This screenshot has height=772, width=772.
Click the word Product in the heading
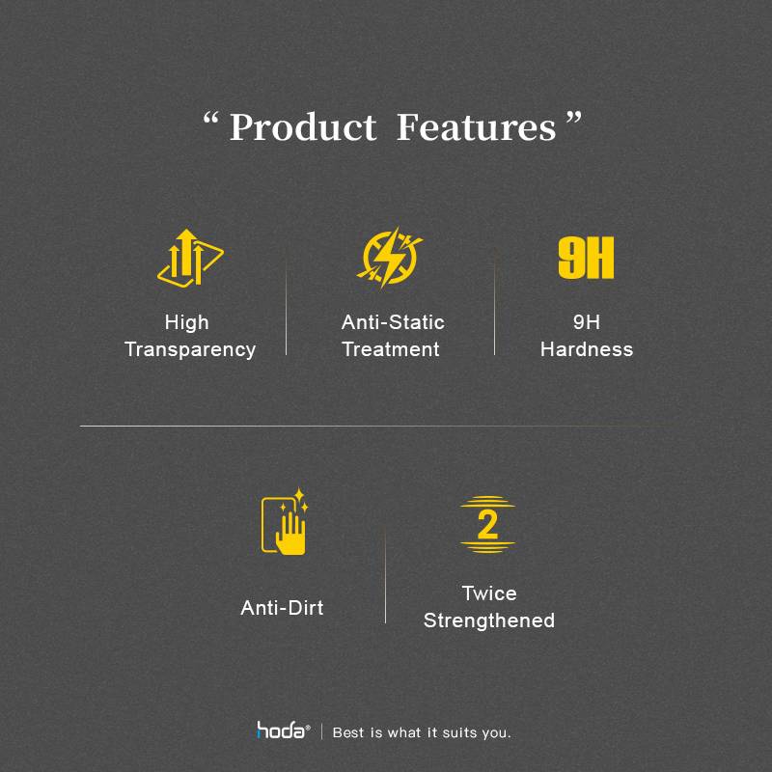click(x=303, y=127)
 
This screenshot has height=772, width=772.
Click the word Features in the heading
click(x=476, y=127)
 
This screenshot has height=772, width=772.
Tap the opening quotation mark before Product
click(x=210, y=120)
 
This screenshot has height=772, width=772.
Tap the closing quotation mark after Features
click(x=573, y=118)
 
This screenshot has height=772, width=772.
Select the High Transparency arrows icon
click(x=190, y=257)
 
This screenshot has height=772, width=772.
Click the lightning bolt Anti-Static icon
click(x=390, y=257)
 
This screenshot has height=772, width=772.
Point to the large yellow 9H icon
click(x=586, y=258)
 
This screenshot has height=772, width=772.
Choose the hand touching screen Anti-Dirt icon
click(x=285, y=521)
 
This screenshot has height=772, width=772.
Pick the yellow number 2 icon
click(x=487, y=524)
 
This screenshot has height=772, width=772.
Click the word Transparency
click(x=190, y=349)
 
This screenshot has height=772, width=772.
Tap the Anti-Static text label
click(x=393, y=322)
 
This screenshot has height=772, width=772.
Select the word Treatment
click(x=391, y=349)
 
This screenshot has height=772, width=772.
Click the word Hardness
click(x=587, y=349)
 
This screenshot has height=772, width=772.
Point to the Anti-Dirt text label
click(x=282, y=608)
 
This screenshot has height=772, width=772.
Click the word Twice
click(x=489, y=593)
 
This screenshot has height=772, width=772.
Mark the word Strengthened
click(x=489, y=620)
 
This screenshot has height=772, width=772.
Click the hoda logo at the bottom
click(x=283, y=731)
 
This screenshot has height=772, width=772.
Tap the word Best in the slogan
click(x=348, y=732)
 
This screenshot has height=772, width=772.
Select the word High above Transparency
click(x=186, y=323)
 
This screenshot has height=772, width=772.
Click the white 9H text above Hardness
click(x=587, y=322)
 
